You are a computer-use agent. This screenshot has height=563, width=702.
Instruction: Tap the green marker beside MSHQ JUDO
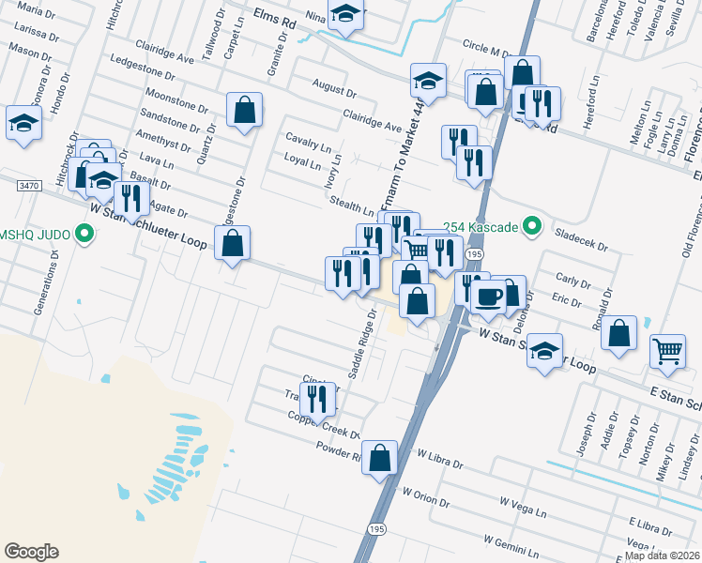pyautogui.click(x=87, y=233)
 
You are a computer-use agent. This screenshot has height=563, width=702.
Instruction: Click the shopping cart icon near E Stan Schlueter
pyautogui.click(x=667, y=350)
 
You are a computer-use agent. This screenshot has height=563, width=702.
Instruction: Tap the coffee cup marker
pyautogui.click(x=488, y=297)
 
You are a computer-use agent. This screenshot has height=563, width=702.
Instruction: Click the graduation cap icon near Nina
pyautogui.click(x=346, y=15)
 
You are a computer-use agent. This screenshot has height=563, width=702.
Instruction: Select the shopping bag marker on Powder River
pyautogui.click(x=379, y=458)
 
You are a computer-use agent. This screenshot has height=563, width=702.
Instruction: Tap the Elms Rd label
pyautogui.click(x=274, y=20)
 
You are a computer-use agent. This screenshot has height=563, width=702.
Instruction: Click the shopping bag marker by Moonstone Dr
pyautogui.click(x=244, y=110)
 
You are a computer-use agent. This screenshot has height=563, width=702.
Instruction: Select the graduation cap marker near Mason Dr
pyautogui.click(x=23, y=122)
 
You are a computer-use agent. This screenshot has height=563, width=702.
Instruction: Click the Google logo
pyautogui.click(x=31, y=552)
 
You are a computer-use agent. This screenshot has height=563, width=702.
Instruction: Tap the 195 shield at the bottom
pyautogui.click(x=376, y=531)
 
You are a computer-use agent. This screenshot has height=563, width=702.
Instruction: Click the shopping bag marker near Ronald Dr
pyautogui.click(x=619, y=333)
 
